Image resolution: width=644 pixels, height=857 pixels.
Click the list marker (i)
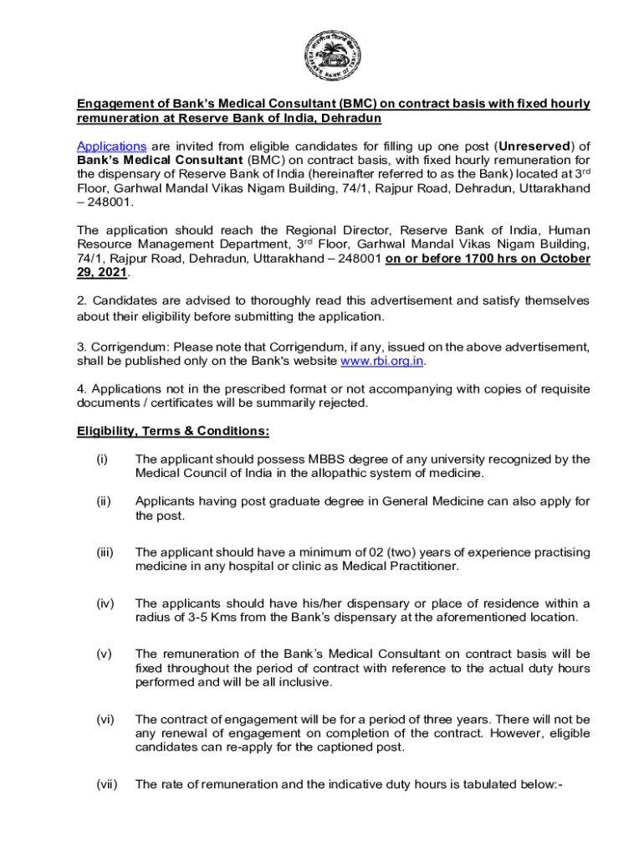tap(102, 459)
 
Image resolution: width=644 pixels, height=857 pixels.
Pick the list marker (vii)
tap(105, 784)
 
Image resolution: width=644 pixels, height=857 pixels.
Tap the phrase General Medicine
tap(422, 501)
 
